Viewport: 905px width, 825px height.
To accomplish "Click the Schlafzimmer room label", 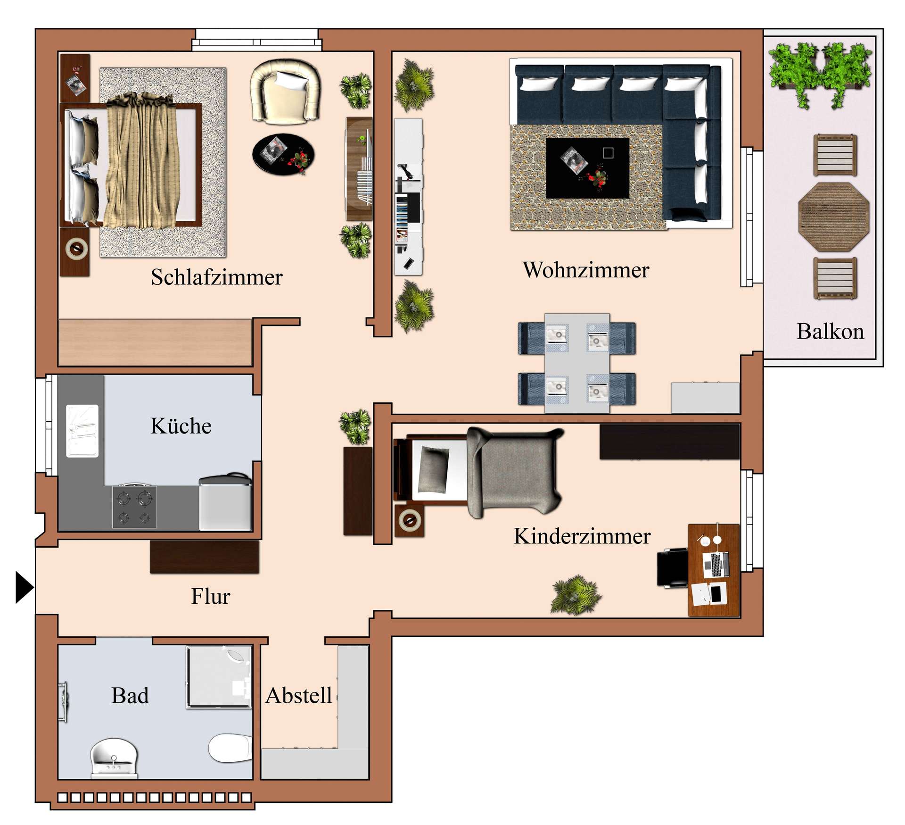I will point(216,277).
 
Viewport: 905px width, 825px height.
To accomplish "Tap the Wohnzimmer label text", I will point(585,270).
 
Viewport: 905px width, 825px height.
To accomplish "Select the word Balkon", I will point(830,332).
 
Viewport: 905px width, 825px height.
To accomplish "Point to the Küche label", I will point(181,426).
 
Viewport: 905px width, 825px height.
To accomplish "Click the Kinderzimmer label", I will point(582,536).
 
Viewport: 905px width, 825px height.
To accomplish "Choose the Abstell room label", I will point(298,695).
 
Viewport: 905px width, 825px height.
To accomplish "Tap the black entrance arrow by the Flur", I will point(24,587).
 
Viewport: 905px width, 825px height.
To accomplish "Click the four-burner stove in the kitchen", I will point(134,507).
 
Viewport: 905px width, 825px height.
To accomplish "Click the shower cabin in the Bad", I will point(219,677).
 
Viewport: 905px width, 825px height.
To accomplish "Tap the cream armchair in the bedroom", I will point(286,92).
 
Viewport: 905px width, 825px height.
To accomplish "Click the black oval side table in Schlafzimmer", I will point(283,154).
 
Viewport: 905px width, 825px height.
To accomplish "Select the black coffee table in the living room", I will point(587,168).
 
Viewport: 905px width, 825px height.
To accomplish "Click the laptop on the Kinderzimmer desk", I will point(716,564).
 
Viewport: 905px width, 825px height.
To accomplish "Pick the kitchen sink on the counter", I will point(82,431).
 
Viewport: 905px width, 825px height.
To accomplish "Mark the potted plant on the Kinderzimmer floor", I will point(576,594).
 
